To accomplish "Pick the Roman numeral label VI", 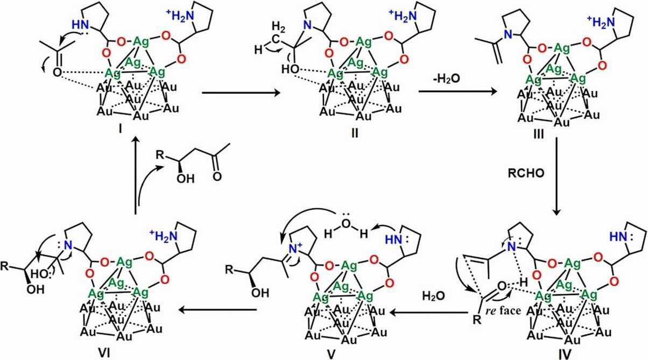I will point(121,352).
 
